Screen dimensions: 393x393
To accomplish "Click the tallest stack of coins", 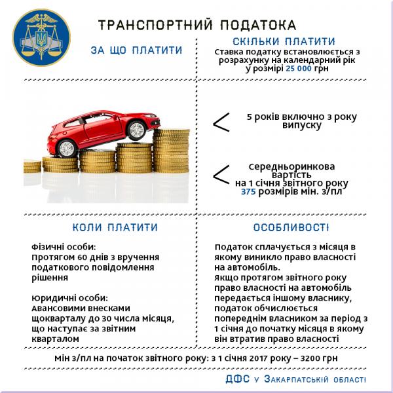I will (x=172, y=157).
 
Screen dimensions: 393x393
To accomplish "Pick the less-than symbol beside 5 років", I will (x=221, y=121).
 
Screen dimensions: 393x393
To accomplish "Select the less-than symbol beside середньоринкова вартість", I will (x=221, y=174).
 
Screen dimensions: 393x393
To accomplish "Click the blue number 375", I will (x=248, y=192).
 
